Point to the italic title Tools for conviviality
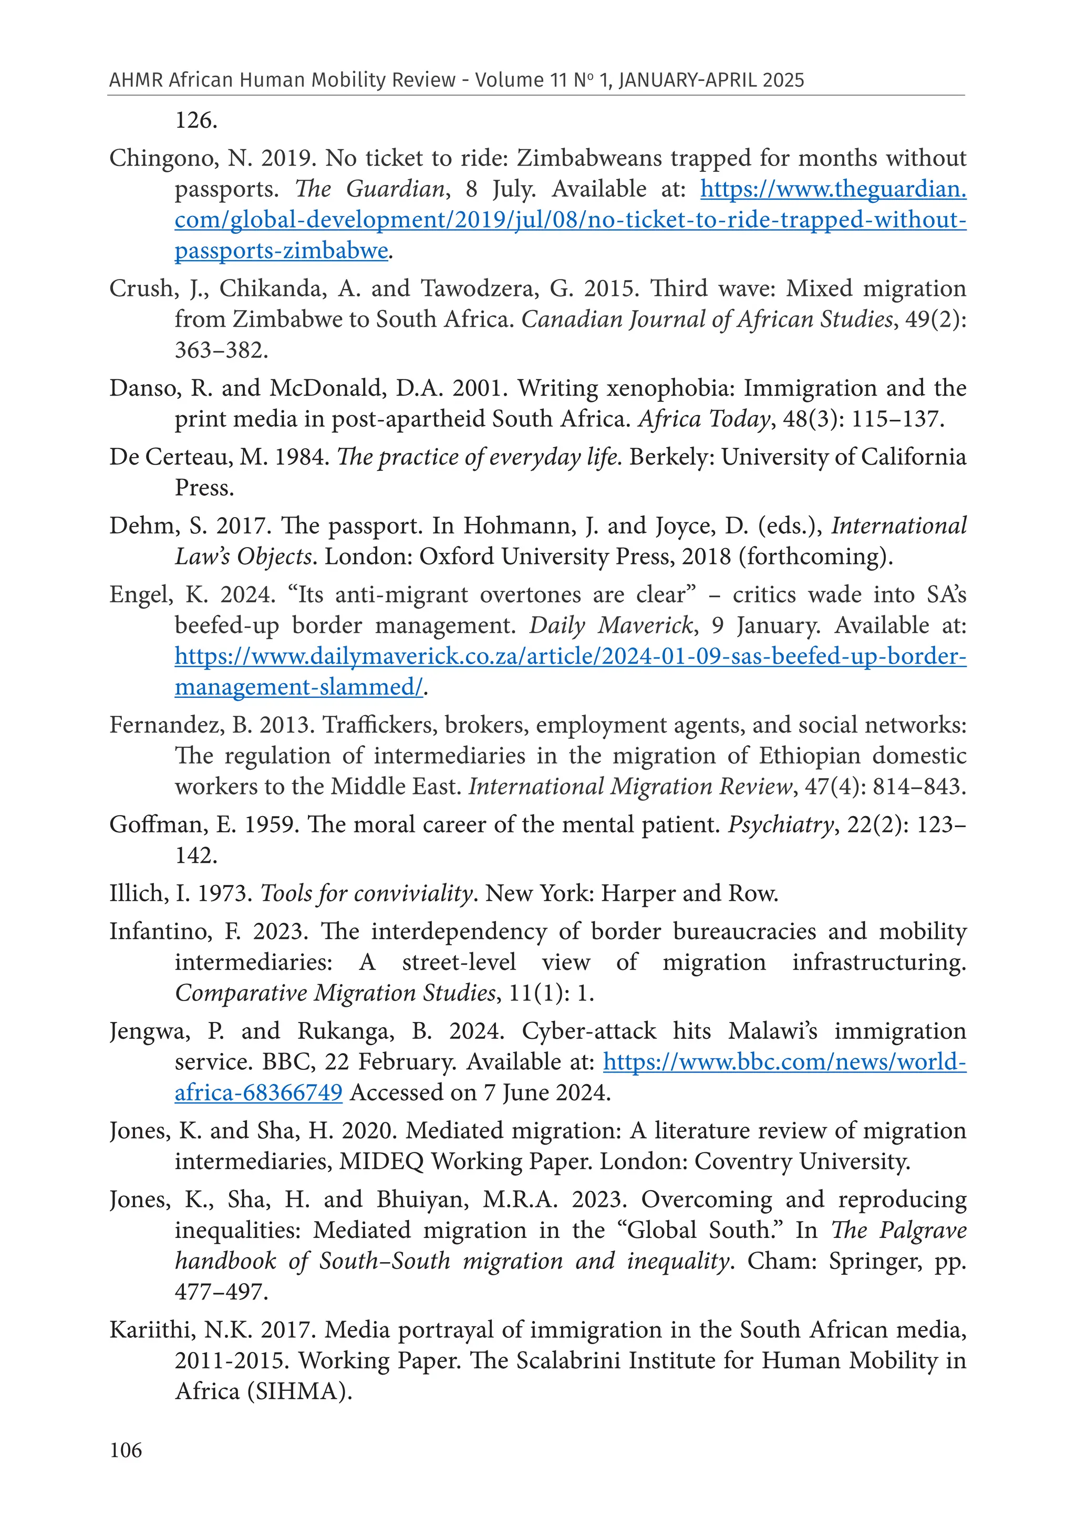click(x=366, y=893)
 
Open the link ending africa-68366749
click(x=258, y=1093)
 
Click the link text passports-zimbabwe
click(x=281, y=251)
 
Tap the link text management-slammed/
click(x=298, y=687)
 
